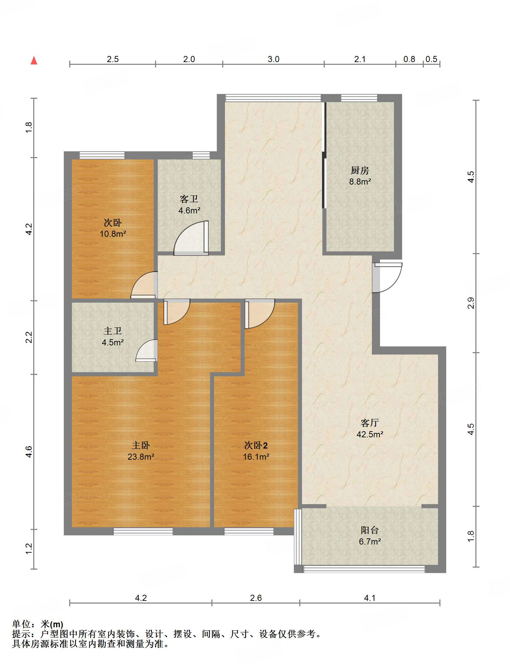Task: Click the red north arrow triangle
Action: point(34,60)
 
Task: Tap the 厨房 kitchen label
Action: point(360,170)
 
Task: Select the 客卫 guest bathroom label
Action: point(189,199)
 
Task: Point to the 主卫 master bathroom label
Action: point(113,331)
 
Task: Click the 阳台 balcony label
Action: point(370,530)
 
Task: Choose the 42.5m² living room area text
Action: point(370,434)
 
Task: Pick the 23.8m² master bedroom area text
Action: point(141,457)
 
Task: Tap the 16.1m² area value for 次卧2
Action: point(256,457)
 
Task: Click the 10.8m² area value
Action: point(113,234)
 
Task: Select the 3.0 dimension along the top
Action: point(273,59)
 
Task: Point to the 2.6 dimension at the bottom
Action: point(256,598)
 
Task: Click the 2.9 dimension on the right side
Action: point(470,303)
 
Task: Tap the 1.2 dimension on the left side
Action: point(29,549)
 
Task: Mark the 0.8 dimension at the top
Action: point(409,59)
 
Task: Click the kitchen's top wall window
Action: point(359,98)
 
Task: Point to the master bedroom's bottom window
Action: point(143,531)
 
